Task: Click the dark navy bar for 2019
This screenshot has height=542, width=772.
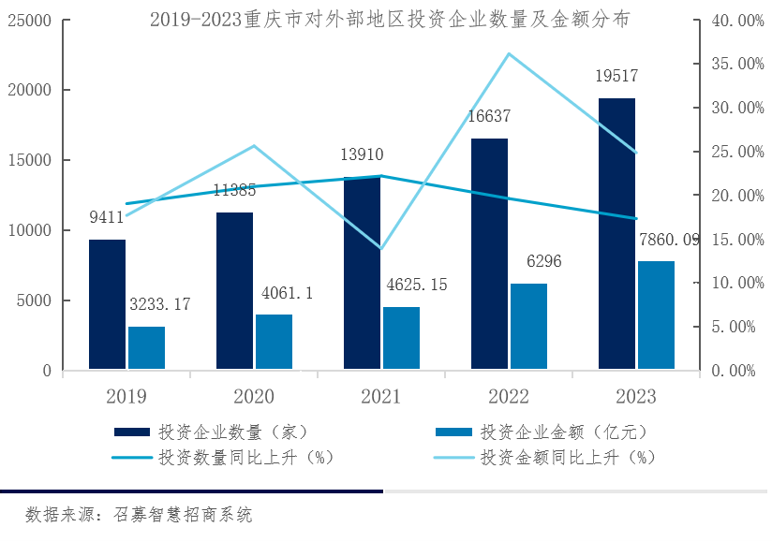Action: (x=107, y=304)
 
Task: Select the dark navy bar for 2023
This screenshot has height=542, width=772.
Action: (x=616, y=234)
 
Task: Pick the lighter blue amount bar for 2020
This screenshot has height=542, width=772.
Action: (x=274, y=342)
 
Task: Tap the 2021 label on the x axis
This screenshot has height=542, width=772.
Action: (x=380, y=397)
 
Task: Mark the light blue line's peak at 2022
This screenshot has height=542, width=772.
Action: (x=509, y=53)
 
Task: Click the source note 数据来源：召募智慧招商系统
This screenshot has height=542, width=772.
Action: (x=139, y=514)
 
